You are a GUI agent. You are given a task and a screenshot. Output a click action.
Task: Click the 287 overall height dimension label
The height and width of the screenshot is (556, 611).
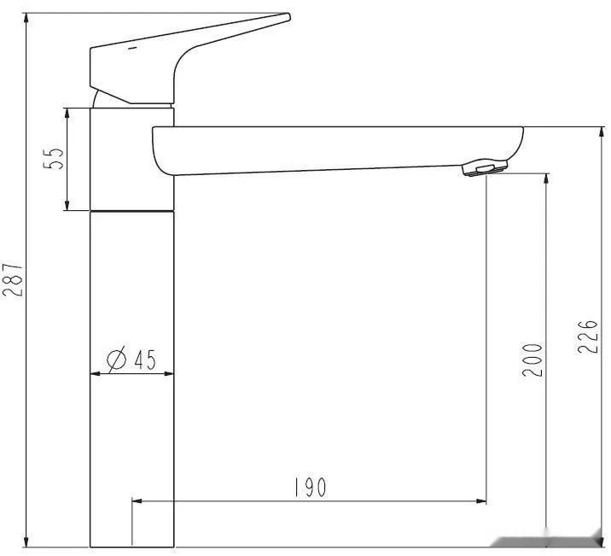[13, 279]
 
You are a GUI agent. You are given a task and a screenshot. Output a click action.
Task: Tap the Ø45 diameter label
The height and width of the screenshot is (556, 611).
[131, 360]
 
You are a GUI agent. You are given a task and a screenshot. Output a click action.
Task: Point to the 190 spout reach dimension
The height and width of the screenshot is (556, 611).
[310, 488]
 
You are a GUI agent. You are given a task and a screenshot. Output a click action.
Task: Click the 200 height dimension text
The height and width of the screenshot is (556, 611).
[532, 361]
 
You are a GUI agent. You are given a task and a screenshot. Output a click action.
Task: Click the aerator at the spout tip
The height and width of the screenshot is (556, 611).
[485, 167]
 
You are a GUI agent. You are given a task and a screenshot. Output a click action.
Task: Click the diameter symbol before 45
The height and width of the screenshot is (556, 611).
[116, 360]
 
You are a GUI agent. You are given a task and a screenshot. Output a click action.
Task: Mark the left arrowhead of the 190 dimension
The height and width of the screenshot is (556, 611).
[137, 501]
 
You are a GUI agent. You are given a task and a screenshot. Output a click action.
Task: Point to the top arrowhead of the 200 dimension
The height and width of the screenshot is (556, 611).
[546, 180]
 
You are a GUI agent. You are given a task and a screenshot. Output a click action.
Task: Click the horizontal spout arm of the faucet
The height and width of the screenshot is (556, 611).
[341, 149]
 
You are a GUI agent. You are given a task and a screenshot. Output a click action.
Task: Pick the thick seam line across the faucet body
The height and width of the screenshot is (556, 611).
[132, 209]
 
